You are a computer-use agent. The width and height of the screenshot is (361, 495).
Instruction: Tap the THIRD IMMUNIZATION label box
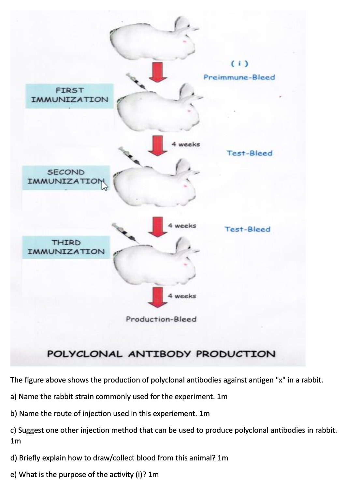tap(66, 247)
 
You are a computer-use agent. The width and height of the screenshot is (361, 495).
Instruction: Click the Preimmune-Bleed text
tap(239, 77)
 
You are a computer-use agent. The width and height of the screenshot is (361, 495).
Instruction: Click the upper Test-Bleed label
tap(250, 153)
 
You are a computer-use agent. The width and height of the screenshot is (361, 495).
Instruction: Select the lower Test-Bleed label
tap(248, 229)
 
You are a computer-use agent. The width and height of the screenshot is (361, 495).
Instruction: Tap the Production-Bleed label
tap(161, 319)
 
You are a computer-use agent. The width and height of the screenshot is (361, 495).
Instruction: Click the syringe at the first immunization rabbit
tap(137, 82)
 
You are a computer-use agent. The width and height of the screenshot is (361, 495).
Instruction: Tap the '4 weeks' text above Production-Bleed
tap(182, 296)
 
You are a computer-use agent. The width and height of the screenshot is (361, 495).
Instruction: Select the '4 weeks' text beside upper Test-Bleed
tap(186, 144)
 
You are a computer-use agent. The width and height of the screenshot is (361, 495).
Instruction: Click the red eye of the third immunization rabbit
tap(186, 263)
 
